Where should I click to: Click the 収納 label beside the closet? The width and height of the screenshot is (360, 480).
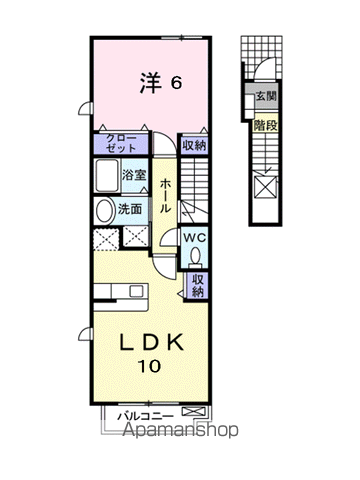pyautogui.click(x=193, y=146)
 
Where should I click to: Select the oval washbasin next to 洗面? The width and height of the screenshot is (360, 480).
pyautogui.click(x=105, y=211)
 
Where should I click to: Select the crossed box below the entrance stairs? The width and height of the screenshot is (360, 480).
pyautogui.click(x=265, y=187)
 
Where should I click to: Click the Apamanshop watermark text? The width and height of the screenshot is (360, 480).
pyautogui.click(x=180, y=432)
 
